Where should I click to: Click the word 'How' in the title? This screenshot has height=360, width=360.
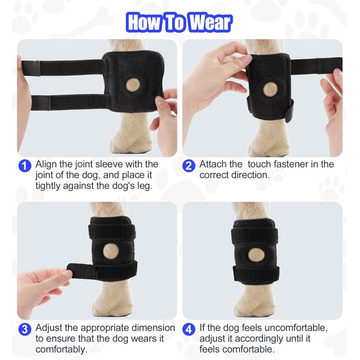144,22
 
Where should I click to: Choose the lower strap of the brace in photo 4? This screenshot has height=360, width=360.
256,272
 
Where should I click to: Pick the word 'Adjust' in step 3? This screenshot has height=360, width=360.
50,328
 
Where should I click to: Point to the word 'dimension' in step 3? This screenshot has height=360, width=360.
151,328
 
